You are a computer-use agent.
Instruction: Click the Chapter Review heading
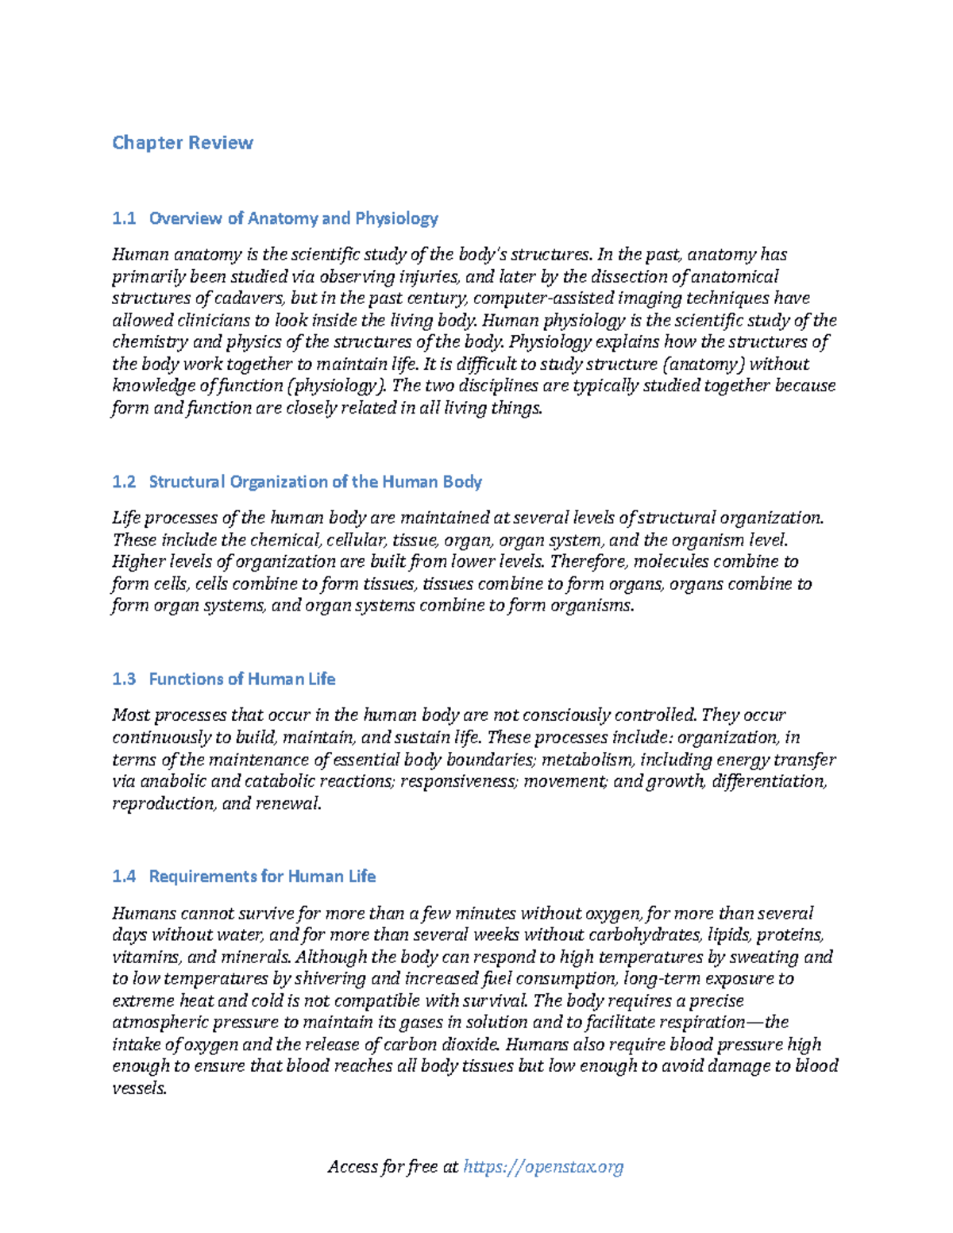pos(183,143)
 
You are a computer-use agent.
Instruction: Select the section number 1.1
pos(124,218)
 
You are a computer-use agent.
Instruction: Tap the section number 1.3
pos(124,680)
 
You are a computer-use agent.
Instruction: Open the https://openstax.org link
pos(543,1166)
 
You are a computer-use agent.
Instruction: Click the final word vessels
pos(139,1089)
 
